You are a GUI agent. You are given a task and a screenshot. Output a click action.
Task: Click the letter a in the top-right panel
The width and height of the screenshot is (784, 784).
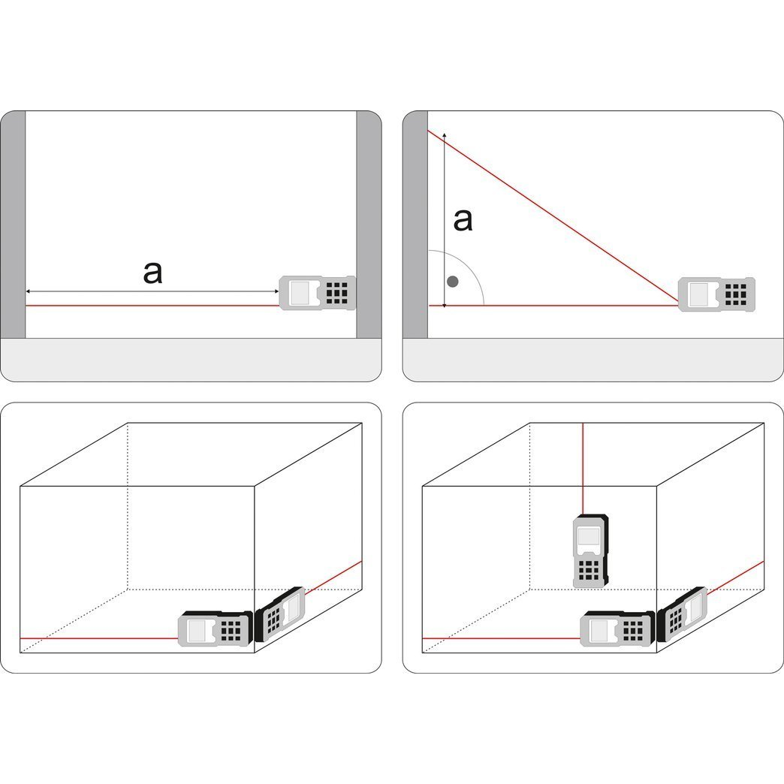[463, 221]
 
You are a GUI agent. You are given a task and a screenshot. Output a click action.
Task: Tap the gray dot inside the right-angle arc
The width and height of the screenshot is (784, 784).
[453, 282]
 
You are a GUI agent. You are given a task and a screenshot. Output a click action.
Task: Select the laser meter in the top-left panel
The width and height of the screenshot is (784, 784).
[317, 293]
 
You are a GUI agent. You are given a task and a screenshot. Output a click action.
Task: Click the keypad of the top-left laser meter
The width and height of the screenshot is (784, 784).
[337, 293]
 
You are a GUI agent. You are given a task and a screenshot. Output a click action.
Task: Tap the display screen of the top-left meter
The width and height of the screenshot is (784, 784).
[300, 293]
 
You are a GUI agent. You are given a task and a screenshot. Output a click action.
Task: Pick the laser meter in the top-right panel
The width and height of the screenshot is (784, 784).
[716, 294]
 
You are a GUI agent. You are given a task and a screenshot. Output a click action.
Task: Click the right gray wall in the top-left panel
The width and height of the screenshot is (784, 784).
[369, 225]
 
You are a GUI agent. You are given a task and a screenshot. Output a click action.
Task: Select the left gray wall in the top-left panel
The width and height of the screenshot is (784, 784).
[13, 225]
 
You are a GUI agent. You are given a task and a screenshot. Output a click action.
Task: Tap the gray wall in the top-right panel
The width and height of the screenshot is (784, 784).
[415, 225]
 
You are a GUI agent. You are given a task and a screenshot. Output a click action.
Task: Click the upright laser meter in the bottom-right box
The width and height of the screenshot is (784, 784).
[590, 551]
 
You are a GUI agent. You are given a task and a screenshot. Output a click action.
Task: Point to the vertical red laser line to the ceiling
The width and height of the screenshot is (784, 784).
[583, 469]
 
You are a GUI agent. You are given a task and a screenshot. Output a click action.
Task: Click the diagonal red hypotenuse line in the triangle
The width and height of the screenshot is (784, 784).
[553, 218]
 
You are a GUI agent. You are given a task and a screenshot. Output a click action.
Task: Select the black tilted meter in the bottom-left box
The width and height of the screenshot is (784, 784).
[279, 614]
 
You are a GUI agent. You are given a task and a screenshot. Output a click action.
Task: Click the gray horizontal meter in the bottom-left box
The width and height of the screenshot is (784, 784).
[216, 629]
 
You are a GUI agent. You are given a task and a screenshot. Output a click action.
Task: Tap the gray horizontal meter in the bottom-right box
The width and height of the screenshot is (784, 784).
[617, 629]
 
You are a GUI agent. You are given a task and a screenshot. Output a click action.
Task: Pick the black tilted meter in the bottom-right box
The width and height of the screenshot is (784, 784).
[682, 614]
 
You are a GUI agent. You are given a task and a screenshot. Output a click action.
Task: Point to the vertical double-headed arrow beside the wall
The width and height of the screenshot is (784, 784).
[445, 220]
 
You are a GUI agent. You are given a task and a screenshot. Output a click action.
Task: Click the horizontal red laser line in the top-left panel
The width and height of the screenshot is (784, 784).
[152, 305]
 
